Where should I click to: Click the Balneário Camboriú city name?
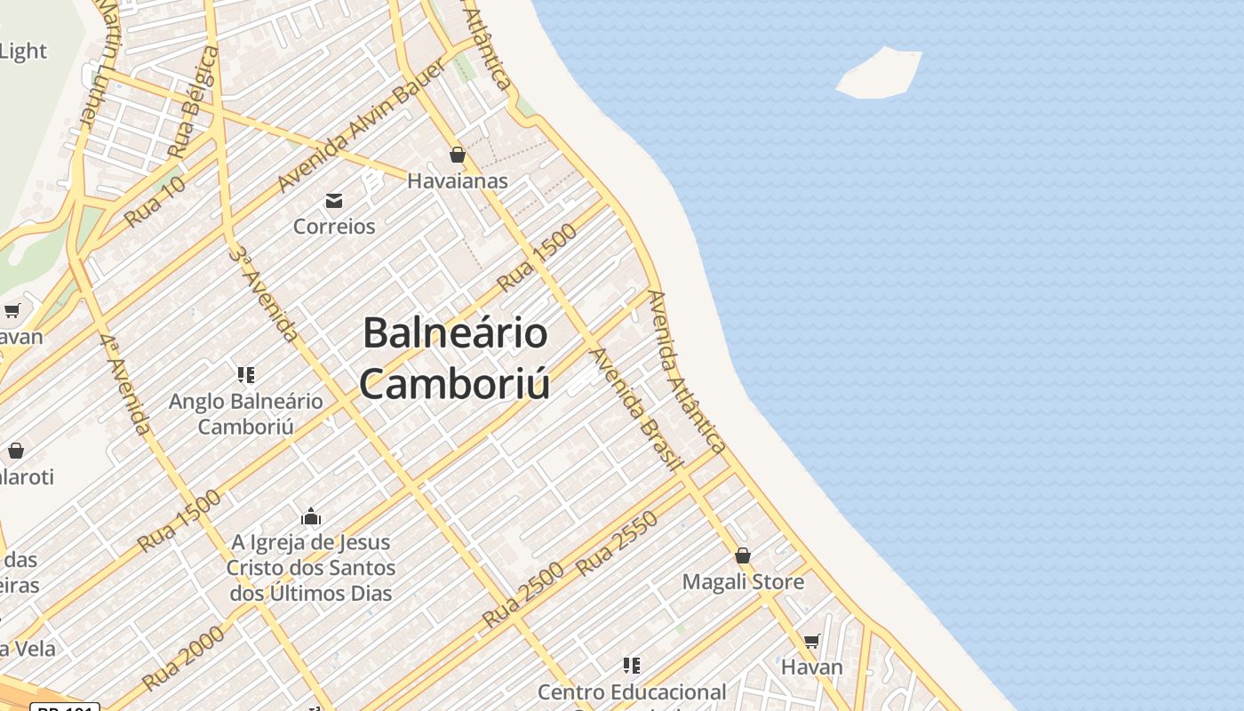[x=455, y=358]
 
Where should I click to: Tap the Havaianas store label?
[x=458, y=181]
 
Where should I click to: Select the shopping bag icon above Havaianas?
[x=458, y=156]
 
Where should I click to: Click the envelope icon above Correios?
[x=334, y=201]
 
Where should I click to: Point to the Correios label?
[x=334, y=227]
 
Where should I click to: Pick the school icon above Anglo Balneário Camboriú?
[x=246, y=375]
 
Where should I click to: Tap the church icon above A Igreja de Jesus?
[x=311, y=516]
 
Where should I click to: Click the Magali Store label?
[x=743, y=582]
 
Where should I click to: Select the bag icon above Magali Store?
[x=743, y=556]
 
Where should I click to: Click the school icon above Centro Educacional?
[x=632, y=666]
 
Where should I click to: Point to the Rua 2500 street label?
[x=523, y=595]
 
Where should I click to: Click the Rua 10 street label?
[x=155, y=202]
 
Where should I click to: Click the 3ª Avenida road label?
[x=263, y=293]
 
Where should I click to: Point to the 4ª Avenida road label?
[x=124, y=384]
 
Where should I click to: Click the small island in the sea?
[x=880, y=73]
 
